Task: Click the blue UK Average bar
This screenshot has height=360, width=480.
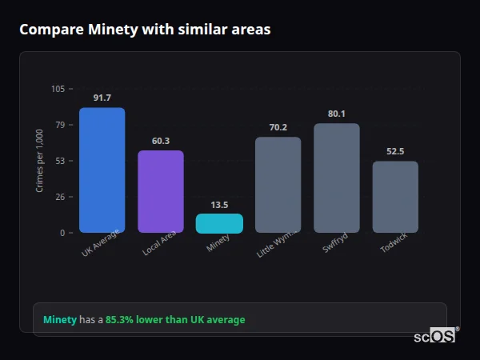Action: click(x=102, y=170)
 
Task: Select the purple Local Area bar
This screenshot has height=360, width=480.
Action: click(x=160, y=191)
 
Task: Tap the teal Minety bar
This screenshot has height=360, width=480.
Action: click(x=219, y=223)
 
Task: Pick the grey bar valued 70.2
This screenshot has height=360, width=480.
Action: click(x=278, y=185)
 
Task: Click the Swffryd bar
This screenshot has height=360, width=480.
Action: click(x=337, y=178)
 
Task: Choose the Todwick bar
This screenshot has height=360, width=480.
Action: click(x=395, y=197)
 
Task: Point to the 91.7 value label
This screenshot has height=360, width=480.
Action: click(x=102, y=98)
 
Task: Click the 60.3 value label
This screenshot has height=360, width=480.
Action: click(x=160, y=141)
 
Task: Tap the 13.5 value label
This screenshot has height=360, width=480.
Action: click(x=219, y=205)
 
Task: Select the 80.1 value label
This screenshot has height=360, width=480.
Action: click(x=337, y=114)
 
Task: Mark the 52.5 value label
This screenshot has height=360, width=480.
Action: click(x=395, y=151)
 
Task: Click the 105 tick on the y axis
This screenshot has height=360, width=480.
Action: click(x=58, y=89)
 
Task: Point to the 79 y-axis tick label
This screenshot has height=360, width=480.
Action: click(x=60, y=125)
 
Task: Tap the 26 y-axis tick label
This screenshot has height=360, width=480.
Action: click(x=60, y=197)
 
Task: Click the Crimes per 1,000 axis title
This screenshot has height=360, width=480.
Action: click(x=39, y=161)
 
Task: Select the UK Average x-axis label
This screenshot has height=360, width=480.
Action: click(x=101, y=244)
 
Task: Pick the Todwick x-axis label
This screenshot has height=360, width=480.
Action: click(x=393, y=243)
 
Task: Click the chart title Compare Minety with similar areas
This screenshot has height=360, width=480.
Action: click(x=145, y=30)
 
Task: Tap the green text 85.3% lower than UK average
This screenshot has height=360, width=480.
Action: click(x=175, y=320)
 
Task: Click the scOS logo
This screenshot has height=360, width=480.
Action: click(x=435, y=336)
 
